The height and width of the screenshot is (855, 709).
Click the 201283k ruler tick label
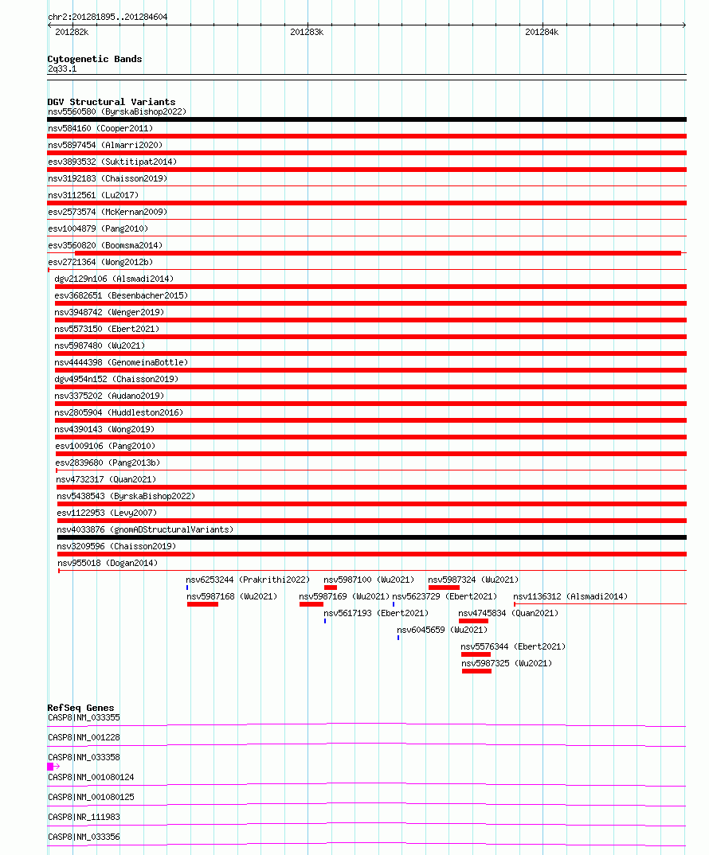(x=307, y=33)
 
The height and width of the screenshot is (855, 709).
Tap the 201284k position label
(x=542, y=33)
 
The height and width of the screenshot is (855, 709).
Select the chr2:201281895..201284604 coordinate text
(x=108, y=17)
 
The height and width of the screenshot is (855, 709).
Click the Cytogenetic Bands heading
(x=95, y=59)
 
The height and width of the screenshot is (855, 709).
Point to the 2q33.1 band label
(x=62, y=68)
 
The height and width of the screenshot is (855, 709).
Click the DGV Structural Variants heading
(x=112, y=102)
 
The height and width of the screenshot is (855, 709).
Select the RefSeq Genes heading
(x=80, y=708)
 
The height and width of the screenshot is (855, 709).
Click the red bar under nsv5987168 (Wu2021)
(x=202, y=604)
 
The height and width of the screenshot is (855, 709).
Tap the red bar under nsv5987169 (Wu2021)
(x=311, y=604)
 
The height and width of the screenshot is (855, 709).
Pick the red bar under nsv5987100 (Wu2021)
(x=331, y=588)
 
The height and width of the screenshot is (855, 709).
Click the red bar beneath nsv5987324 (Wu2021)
(x=444, y=588)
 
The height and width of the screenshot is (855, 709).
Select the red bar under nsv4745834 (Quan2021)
(x=473, y=621)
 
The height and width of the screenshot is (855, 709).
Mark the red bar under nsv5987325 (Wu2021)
(x=476, y=671)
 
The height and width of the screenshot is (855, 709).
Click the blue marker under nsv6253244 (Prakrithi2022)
(x=187, y=588)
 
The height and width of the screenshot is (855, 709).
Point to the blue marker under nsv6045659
(x=398, y=638)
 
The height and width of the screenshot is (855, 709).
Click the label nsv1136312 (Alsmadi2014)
(x=570, y=596)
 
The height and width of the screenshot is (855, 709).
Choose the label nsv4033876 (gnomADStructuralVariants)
(x=145, y=529)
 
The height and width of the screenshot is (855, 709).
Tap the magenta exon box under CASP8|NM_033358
(x=51, y=766)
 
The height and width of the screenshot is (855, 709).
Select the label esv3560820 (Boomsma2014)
(x=105, y=245)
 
